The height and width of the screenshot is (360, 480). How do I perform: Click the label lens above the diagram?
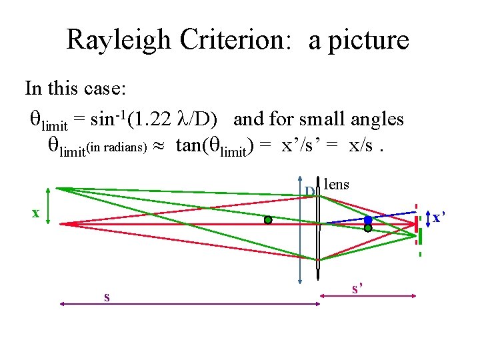(x=335, y=185)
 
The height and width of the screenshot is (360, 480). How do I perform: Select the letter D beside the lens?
(x=310, y=193)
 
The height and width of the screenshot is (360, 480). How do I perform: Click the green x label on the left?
(x=36, y=213)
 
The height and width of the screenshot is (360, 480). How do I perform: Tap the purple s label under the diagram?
(x=107, y=296)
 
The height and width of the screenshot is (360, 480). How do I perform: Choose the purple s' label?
(x=358, y=288)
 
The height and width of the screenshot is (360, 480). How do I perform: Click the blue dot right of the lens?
(x=368, y=219)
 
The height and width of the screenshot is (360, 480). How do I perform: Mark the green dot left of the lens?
(x=267, y=219)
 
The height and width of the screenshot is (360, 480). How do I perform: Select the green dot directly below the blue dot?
(x=368, y=228)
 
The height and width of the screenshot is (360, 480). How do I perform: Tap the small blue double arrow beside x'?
(x=427, y=218)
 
